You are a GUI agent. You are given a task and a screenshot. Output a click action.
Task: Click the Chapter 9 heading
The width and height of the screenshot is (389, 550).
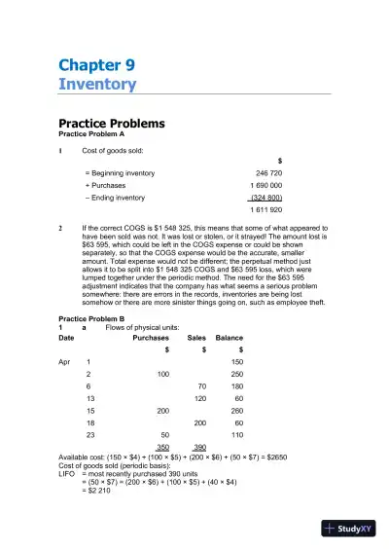pyautogui.click(x=97, y=65)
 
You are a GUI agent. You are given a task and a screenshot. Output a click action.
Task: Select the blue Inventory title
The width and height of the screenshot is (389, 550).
pyautogui.click(x=97, y=85)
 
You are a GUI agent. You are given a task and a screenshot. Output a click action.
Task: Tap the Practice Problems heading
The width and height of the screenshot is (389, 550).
pyautogui.click(x=111, y=124)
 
